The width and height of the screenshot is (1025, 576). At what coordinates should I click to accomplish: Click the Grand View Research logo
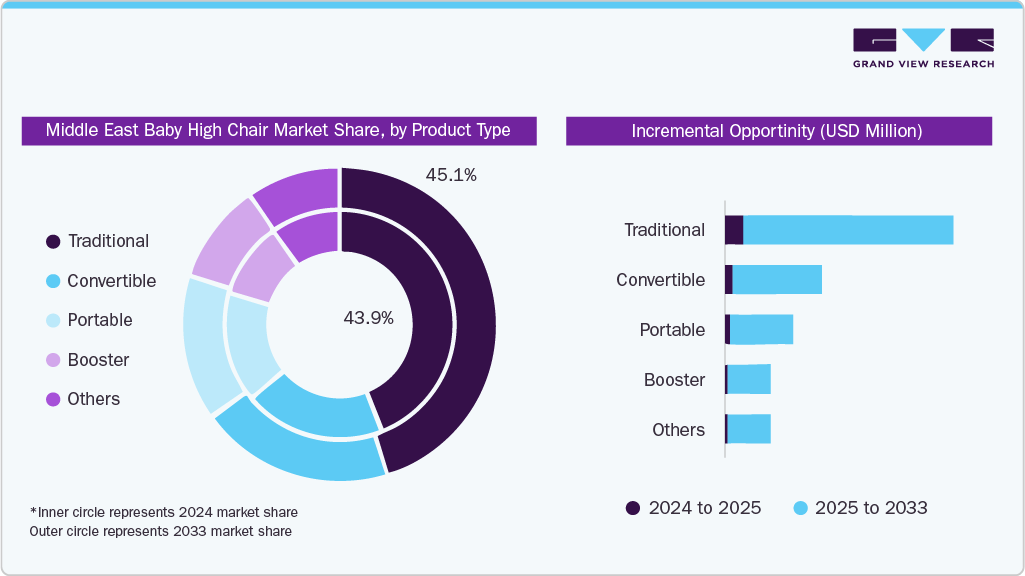pyautogui.click(x=923, y=48)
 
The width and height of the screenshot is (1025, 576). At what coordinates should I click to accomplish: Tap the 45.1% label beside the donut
pyautogui.click(x=451, y=175)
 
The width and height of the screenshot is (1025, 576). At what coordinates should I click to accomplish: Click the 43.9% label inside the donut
pyautogui.click(x=368, y=318)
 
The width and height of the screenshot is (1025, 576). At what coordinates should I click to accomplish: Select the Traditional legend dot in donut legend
pyautogui.click(x=53, y=241)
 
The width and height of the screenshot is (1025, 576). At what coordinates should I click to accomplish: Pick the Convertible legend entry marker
pyautogui.click(x=53, y=281)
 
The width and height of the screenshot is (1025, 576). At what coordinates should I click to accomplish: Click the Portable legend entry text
pyautogui.click(x=100, y=320)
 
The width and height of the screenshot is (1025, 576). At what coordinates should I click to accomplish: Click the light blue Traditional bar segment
pyautogui.click(x=848, y=230)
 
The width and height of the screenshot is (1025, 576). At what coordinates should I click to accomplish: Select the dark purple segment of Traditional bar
pyautogui.click(x=734, y=230)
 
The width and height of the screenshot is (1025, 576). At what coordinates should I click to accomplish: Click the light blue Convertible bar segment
pyautogui.click(x=777, y=280)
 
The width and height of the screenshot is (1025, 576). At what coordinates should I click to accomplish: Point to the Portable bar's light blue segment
pyautogui.click(x=761, y=330)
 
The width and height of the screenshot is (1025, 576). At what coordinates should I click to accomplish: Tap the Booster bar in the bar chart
pyautogui.click(x=749, y=380)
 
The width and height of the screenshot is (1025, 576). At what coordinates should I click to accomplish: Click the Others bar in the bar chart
pyautogui.click(x=749, y=429)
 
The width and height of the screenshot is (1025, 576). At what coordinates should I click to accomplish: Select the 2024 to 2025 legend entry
pyautogui.click(x=694, y=508)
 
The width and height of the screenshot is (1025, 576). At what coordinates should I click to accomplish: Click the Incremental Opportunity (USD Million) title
pyautogui.click(x=778, y=131)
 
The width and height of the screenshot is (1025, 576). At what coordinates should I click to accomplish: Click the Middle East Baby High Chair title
pyautogui.click(x=279, y=130)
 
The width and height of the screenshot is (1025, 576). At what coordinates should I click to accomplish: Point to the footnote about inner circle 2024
pyautogui.click(x=164, y=513)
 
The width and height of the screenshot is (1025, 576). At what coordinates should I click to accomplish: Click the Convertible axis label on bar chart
pyautogui.click(x=660, y=280)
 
